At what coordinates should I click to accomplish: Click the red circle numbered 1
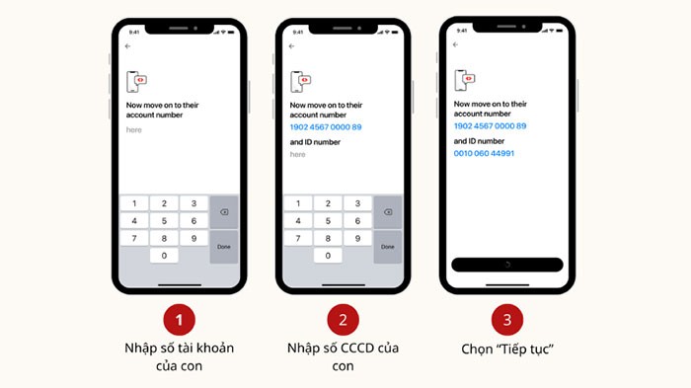point(178,319)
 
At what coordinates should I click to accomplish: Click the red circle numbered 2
point(343,319)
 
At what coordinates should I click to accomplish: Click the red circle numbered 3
point(506,319)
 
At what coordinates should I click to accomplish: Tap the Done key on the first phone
point(223,246)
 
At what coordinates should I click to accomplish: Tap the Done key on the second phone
point(387,246)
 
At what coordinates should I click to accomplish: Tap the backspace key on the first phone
point(223,212)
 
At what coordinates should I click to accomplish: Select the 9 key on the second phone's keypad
point(357,238)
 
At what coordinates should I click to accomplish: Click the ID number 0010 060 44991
point(484,153)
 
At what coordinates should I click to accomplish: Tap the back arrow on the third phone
point(455,44)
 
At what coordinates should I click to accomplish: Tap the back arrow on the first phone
point(127,46)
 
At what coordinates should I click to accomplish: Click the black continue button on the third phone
point(506,265)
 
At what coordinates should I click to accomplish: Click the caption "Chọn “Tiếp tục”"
point(506,349)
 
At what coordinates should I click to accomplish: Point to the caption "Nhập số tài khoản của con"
point(178,357)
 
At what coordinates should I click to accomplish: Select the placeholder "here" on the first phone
point(134,129)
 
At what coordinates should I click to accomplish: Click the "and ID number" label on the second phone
point(315,142)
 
